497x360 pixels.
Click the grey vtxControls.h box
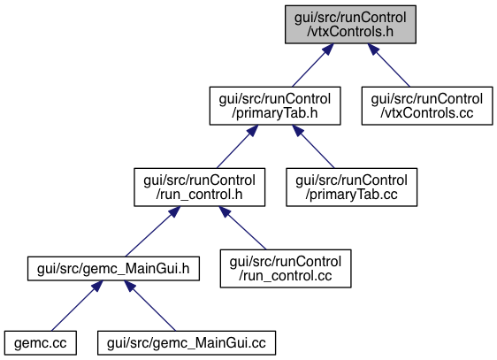click(350, 25)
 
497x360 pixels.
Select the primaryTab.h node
click(275, 106)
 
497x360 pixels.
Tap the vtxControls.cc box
click(427, 106)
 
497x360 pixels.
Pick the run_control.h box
click(199, 188)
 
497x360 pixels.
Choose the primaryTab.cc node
click(351, 188)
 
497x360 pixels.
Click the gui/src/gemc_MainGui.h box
click(113, 269)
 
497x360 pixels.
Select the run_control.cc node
click(286, 269)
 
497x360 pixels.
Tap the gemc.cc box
click(41, 343)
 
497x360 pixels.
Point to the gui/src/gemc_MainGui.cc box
click(187, 343)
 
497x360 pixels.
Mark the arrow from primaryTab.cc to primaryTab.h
click(313, 147)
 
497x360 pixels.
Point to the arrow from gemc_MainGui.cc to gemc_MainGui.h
click(150, 306)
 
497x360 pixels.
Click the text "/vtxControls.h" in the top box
click(350, 32)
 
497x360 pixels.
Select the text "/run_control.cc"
click(286, 276)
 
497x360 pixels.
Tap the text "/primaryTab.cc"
click(351, 195)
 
